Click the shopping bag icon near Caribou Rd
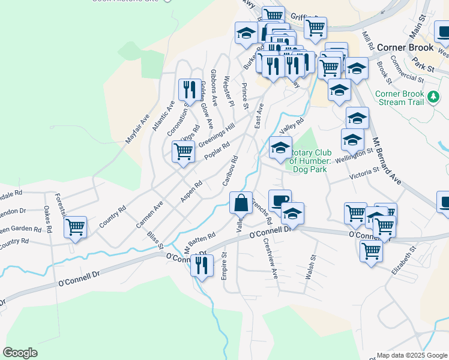pyautogui.click(x=241, y=203)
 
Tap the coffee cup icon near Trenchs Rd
pyautogui.click(x=279, y=200)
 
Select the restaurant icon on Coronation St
pyautogui.click(x=190, y=90)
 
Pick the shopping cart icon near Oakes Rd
pyautogui.click(x=76, y=227)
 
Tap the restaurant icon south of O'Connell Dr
pyautogui.click(x=202, y=265)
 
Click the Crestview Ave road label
pyautogui.click(x=270, y=259)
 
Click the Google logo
pyautogui.click(x=20, y=353)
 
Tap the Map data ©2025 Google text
pyautogui.click(x=411, y=355)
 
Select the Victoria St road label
pyautogui.click(x=364, y=174)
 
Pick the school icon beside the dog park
pyautogui.click(x=280, y=149)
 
